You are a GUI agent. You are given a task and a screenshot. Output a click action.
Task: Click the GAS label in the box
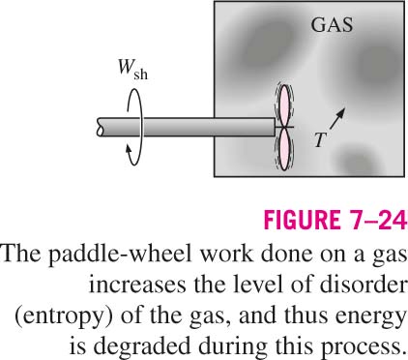tap(332, 25)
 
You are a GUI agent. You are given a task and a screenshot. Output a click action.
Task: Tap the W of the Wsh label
tap(125, 68)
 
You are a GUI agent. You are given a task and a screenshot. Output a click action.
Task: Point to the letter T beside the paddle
tap(320, 140)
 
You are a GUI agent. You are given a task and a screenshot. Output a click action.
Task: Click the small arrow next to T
tap(337, 118)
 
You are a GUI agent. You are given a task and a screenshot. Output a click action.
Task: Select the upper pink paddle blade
tap(284, 106)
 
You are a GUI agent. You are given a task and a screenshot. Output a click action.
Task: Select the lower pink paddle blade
tap(284, 149)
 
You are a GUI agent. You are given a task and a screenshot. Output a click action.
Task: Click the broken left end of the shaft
tap(100, 127)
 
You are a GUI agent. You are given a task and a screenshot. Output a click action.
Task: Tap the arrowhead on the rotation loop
tap(129, 150)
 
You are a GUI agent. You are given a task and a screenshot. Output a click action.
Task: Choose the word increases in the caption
tap(137, 285)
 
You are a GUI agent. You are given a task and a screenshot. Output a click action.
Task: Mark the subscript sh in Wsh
tap(140, 75)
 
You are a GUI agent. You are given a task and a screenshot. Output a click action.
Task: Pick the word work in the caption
tap(226, 253)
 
